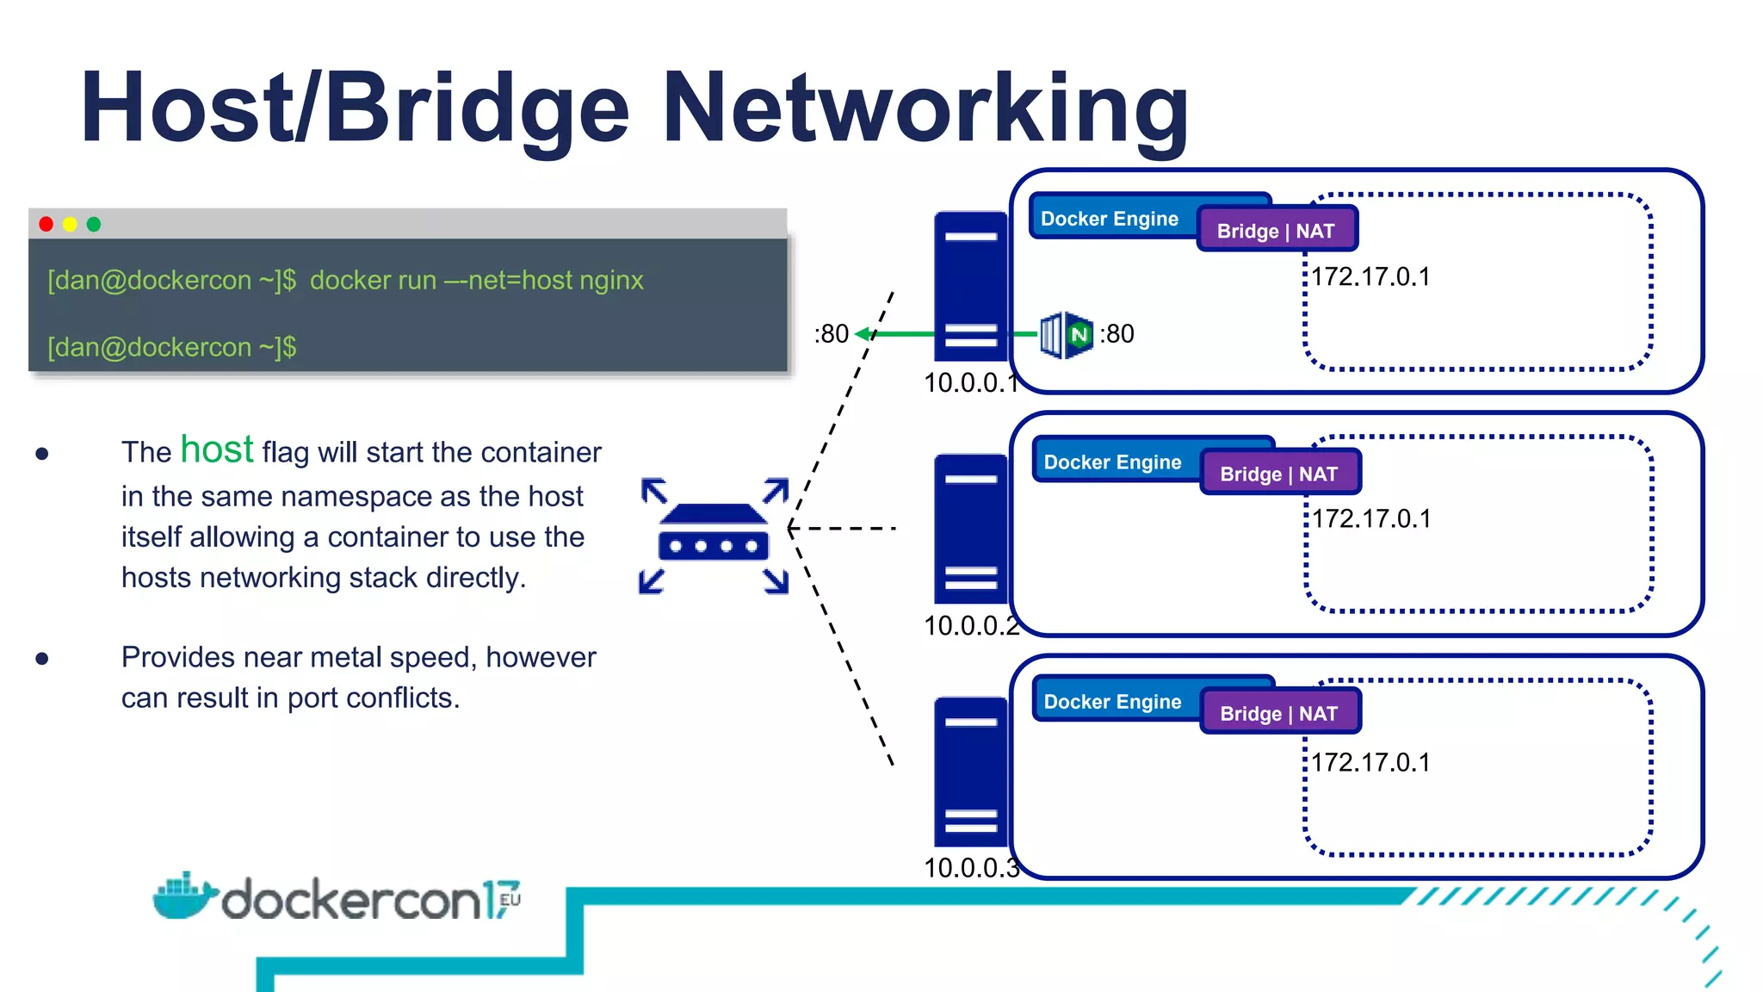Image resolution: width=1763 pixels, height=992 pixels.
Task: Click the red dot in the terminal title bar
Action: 46,225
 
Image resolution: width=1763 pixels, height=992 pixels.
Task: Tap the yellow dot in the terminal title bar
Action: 70,225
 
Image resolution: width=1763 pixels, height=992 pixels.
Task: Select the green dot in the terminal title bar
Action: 94,225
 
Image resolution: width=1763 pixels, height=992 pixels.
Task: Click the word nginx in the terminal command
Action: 611,281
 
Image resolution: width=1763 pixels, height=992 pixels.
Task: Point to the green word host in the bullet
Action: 217,449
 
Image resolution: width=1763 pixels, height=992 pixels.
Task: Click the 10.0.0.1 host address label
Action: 970,383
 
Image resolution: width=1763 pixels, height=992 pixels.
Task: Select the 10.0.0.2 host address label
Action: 971,626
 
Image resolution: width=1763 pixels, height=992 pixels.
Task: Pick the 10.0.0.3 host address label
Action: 971,868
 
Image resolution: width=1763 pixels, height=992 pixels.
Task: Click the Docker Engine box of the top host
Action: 1110,219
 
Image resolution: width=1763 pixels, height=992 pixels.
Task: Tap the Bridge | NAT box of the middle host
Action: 1279,474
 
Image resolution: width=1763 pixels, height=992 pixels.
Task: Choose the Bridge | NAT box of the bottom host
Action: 1279,713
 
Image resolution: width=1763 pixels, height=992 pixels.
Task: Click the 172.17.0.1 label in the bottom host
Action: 1370,762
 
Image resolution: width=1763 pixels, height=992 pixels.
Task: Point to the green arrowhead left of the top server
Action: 861,334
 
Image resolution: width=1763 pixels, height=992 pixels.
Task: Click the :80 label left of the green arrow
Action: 832,334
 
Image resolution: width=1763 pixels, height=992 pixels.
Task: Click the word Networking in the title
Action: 925,108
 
